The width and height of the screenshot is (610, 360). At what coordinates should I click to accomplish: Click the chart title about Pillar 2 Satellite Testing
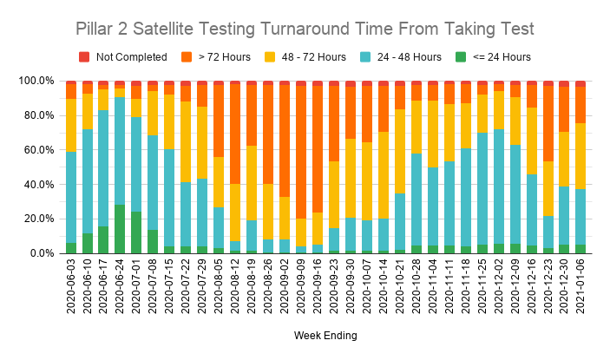pyautogui.click(x=305, y=29)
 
